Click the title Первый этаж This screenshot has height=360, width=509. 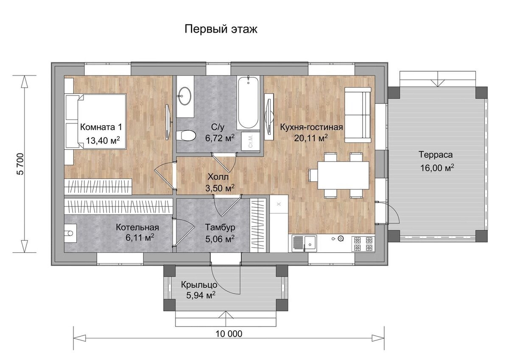click(221, 29)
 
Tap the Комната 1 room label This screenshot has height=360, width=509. click(101, 127)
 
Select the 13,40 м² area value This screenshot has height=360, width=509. click(103, 140)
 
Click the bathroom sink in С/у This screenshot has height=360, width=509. click(185, 96)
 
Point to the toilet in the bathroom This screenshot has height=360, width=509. click(186, 135)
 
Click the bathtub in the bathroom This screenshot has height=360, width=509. click(249, 103)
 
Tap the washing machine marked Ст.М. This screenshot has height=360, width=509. click(250, 141)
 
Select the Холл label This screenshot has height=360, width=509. click(218, 177)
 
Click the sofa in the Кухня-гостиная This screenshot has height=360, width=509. click(358, 115)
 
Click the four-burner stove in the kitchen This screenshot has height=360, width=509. click(363, 244)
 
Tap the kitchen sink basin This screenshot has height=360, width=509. click(310, 243)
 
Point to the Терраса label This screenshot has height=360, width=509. click(436, 155)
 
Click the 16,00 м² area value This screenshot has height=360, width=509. click(437, 168)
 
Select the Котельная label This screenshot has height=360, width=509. click(137, 227)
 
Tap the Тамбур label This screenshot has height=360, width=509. click(220, 227)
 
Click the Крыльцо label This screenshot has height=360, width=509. click(199, 285)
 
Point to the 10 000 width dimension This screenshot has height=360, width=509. click(229, 334)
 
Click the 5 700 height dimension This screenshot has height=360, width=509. click(20, 164)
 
